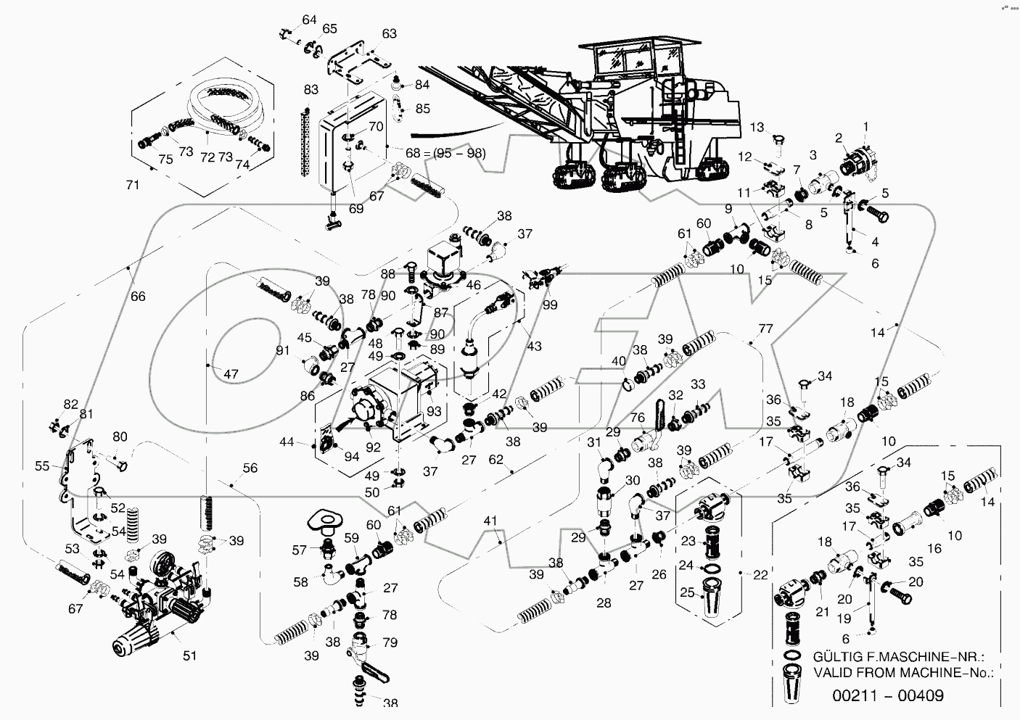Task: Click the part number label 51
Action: click(x=189, y=655)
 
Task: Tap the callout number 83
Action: click(x=311, y=91)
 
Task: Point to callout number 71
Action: click(x=133, y=186)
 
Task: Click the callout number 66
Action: click(x=137, y=296)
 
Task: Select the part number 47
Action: click(x=230, y=375)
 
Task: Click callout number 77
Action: click(x=766, y=328)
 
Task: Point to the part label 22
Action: click(x=760, y=575)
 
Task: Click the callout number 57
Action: click(x=298, y=551)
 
